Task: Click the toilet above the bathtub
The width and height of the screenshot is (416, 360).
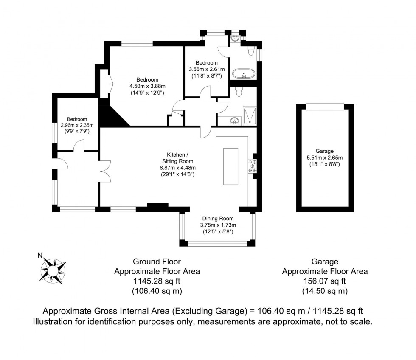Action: [x=251, y=52]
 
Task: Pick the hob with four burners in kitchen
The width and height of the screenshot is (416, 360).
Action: [x=253, y=166]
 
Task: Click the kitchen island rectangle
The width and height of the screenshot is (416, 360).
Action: [x=231, y=166]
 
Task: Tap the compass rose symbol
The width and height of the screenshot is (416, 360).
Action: [x=53, y=270]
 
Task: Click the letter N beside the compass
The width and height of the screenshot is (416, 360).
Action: [x=40, y=256]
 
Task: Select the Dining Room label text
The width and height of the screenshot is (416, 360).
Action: [x=218, y=218]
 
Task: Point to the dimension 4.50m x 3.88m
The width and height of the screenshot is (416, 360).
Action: [x=147, y=86]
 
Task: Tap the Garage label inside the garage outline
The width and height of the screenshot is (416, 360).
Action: [x=324, y=151]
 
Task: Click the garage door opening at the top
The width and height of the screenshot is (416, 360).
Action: [x=325, y=106]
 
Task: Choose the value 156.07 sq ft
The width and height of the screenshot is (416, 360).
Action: [x=325, y=281]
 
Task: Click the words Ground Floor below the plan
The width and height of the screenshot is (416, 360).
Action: [x=157, y=262]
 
